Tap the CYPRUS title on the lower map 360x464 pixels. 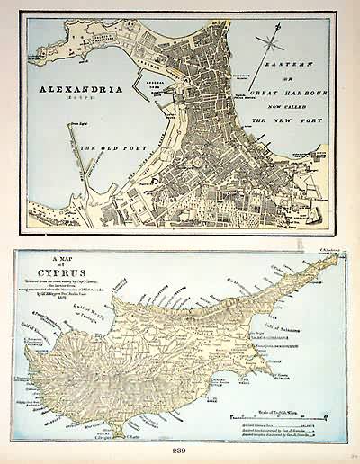(66, 277)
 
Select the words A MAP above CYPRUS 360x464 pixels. (65, 263)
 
